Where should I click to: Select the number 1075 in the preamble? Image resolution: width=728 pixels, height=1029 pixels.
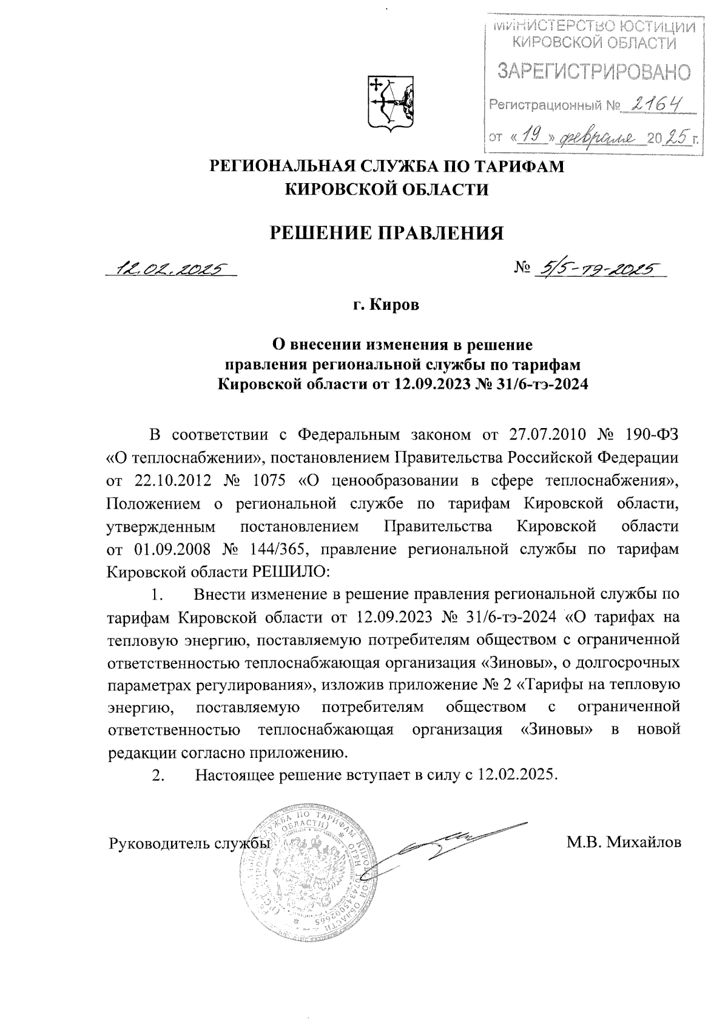(271, 481)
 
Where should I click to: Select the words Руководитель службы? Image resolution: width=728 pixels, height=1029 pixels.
(189, 843)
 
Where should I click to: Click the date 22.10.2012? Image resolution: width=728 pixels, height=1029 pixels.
(172, 481)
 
